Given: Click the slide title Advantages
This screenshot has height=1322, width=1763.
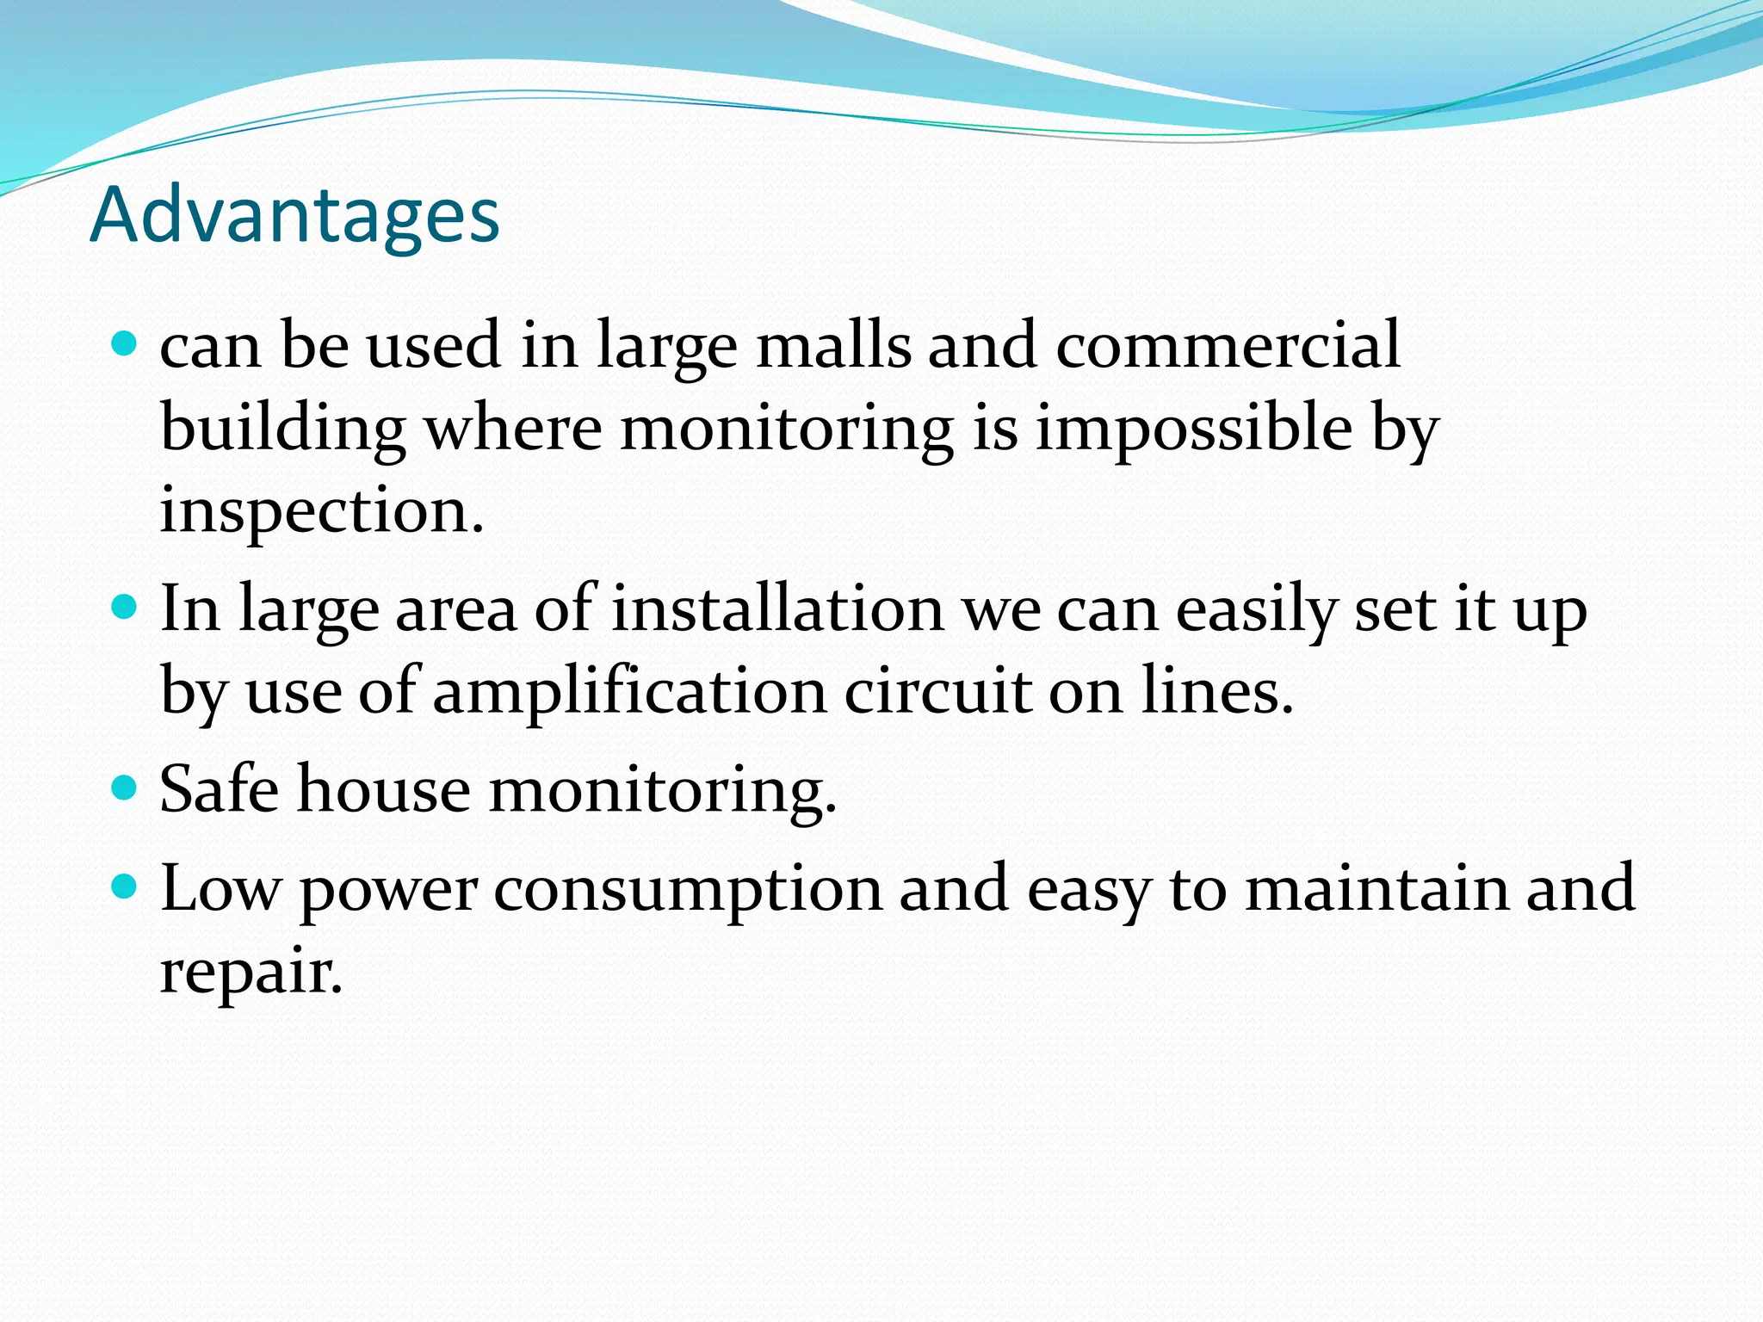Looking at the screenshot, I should coord(294,215).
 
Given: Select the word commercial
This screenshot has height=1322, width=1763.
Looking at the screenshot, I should coord(1228,346).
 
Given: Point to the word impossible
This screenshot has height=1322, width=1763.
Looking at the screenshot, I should coord(1193,428).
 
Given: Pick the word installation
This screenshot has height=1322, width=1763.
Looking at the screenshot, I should coord(777,609).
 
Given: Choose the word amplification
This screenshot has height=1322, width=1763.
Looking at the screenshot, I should coord(629,692).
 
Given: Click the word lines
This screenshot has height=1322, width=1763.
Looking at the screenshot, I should coord(1216,692).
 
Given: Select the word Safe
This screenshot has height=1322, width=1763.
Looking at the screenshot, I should coord(219,788).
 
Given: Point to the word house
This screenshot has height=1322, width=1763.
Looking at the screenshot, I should coord(384,788).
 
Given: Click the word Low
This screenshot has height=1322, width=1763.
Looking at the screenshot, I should coord(220,888).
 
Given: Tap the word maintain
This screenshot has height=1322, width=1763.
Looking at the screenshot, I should coord(1377,888).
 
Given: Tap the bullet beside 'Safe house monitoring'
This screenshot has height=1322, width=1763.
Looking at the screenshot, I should coord(125,788).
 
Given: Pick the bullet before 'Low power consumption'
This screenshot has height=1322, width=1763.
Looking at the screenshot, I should coord(125,886).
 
